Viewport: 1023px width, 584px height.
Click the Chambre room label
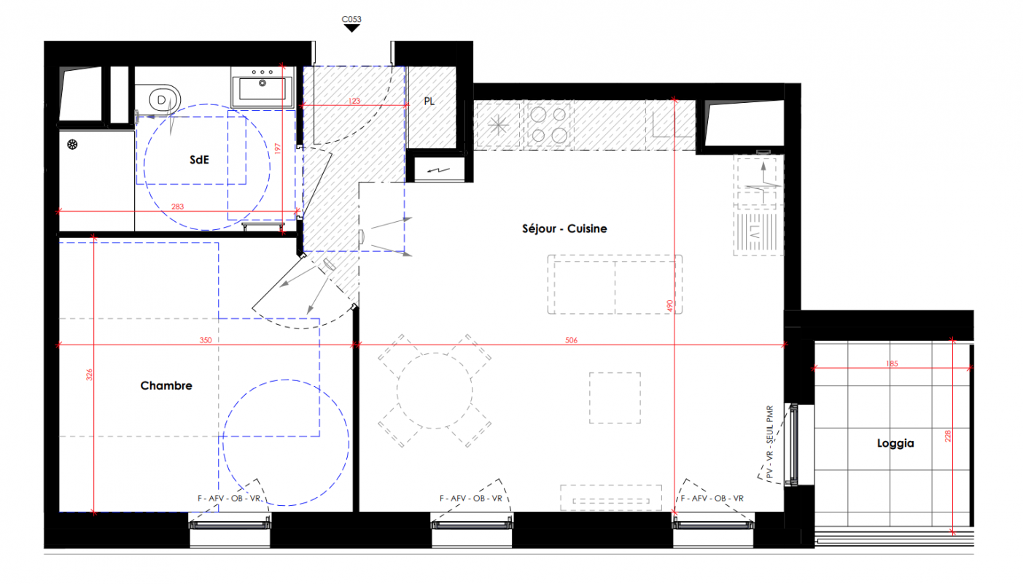pyautogui.click(x=166, y=385)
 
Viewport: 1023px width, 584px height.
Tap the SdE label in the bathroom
pyautogui.click(x=199, y=160)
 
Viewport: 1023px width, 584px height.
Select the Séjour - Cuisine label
pyautogui.click(x=564, y=228)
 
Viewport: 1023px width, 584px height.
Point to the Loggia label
pyautogui.click(x=895, y=443)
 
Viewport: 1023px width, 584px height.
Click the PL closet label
pyautogui.click(x=429, y=101)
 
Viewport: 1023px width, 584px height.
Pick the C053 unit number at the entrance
pyautogui.click(x=351, y=19)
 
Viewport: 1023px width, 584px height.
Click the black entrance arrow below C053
pyautogui.click(x=351, y=28)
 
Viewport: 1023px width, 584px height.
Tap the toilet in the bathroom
pyautogui.click(x=159, y=99)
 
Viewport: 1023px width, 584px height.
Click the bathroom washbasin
pyautogui.click(x=262, y=88)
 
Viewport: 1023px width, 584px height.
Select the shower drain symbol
pyautogui.click(x=72, y=145)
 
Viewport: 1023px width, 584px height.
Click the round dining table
pyautogui.click(x=435, y=391)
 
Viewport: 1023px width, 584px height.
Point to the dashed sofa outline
pyautogui.click(x=615, y=285)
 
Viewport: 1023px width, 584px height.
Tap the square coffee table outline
pyautogui.click(x=615, y=398)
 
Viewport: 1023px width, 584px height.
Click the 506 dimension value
pyautogui.click(x=571, y=340)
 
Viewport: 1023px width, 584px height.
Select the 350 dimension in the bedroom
pyautogui.click(x=206, y=340)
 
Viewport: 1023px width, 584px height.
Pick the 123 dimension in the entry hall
pyautogui.click(x=354, y=101)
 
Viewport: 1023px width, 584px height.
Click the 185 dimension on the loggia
pyautogui.click(x=892, y=364)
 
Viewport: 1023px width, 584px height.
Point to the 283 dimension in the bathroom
pyautogui.click(x=177, y=207)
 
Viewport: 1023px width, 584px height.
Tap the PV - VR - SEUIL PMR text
pyautogui.click(x=770, y=442)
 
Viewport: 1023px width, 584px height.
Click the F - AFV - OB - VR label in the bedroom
pyautogui.click(x=229, y=498)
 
